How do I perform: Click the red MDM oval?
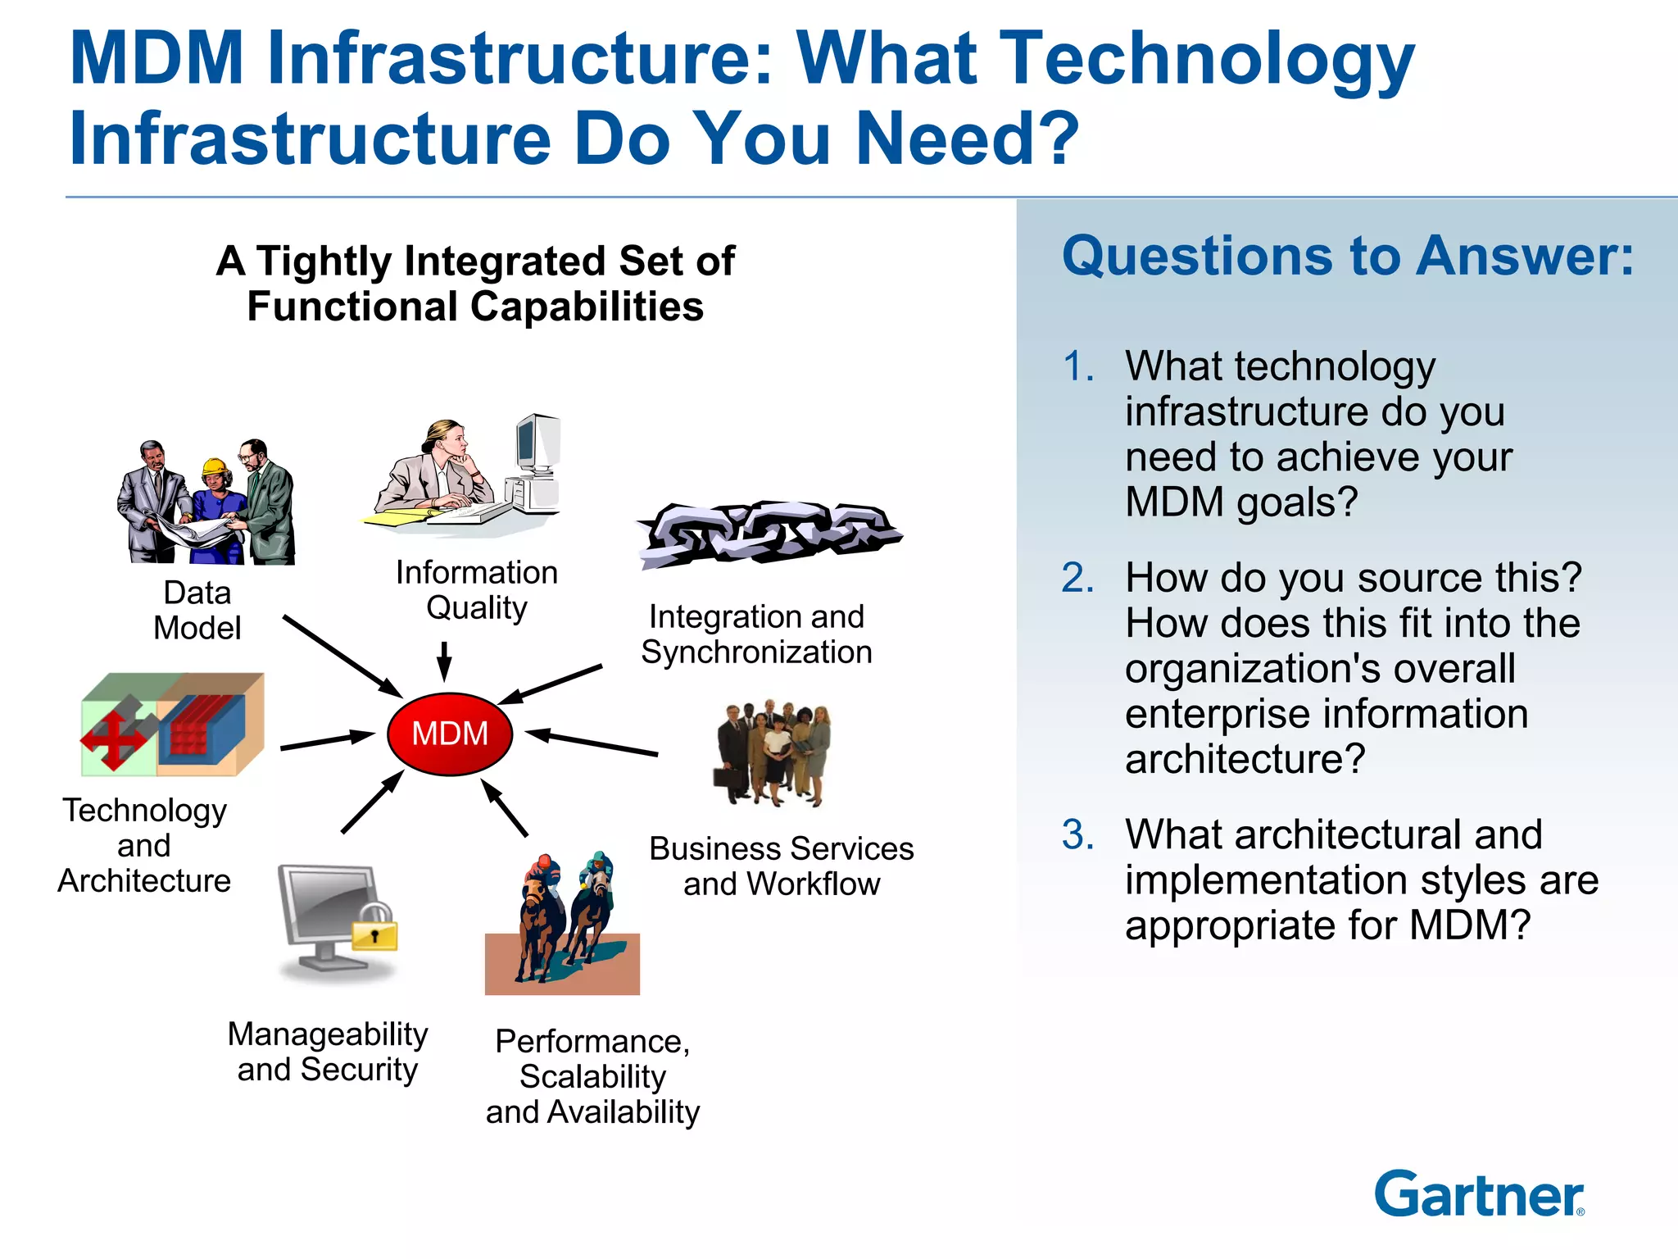pos(450,734)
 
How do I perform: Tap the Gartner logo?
pos(1479,1194)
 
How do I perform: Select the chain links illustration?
pos(769,534)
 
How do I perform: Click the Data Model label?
pos(197,610)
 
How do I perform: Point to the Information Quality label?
pos(477,589)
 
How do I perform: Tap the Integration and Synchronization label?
pos(756,634)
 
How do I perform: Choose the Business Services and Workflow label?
pos(781,866)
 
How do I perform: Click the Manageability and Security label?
pos(328,1052)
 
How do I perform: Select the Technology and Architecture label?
pos(145,845)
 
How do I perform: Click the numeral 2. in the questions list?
pos(1077,578)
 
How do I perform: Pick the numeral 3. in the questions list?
pos(1077,834)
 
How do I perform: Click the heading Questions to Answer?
pos(1348,256)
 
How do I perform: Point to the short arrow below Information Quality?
pos(444,661)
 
